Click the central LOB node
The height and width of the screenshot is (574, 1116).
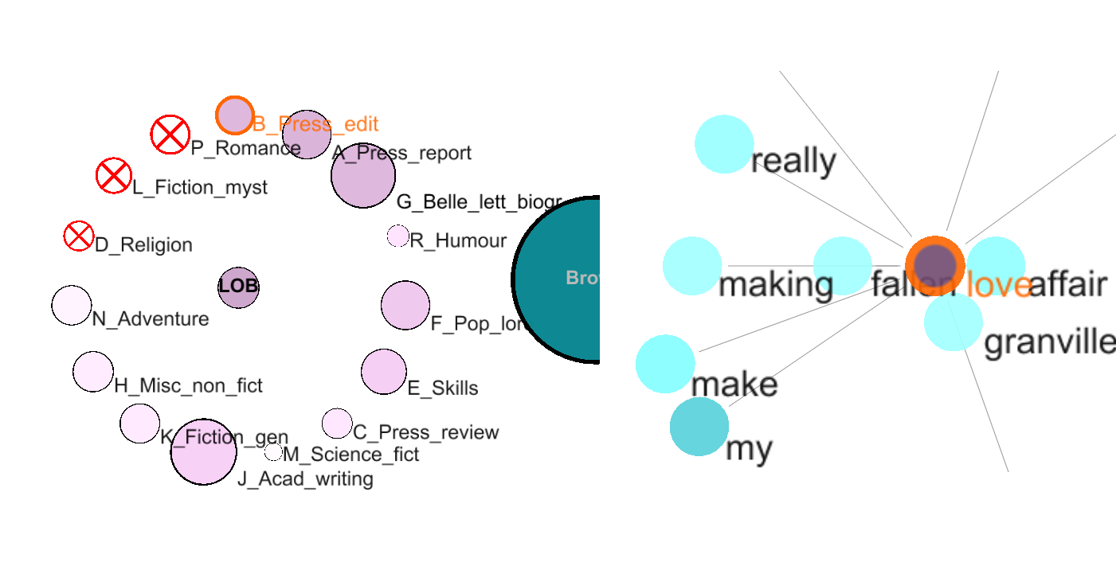click(x=238, y=287)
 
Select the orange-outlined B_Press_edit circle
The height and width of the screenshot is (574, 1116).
click(x=235, y=115)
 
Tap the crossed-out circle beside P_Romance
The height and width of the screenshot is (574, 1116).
click(x=170, y=135)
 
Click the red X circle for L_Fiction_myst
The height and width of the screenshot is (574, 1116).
click(x=113, y=175)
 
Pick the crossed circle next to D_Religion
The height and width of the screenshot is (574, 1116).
click(x=78, y=236)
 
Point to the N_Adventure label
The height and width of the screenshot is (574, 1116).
click(x=151, y=319)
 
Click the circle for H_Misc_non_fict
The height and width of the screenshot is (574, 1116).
click(x=93, y=371)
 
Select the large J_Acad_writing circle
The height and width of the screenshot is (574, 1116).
click(x=203, y=451)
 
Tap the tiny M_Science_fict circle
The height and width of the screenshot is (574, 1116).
click(x=273, y=452)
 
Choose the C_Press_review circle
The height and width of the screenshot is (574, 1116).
click(x=337, y=424)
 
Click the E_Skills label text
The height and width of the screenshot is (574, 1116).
click(x=443, y=389)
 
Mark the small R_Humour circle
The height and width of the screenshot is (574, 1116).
click(x=397, y=236)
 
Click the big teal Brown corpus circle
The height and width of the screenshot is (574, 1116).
click(x=558, y=279)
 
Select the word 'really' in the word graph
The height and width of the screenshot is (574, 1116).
click(x=793, y=162)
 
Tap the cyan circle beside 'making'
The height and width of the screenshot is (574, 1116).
click(x=692, y=266)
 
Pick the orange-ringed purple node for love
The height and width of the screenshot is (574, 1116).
click(x=935, y=265)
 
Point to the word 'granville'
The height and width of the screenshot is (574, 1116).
click(x=1049, y=342)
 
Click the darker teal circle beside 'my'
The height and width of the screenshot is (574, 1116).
click(x=699, y=427)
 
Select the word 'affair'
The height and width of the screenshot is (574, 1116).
click(x=1067, y=285)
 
